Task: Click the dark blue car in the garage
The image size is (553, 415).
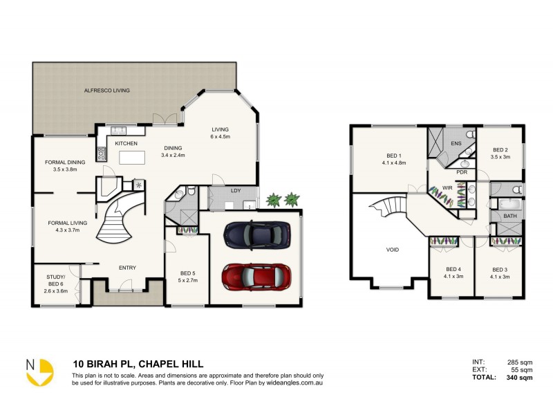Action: pos(256,234)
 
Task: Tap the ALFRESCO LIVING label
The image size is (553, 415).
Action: pos(106,91)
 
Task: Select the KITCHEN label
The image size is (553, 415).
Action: pos(126,143)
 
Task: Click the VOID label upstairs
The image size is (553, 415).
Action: pos(391,250)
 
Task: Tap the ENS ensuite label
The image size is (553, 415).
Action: pos(456,143)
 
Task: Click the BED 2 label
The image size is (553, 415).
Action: pos(500,149)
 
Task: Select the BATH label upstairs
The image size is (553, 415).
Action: pos(509,216)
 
